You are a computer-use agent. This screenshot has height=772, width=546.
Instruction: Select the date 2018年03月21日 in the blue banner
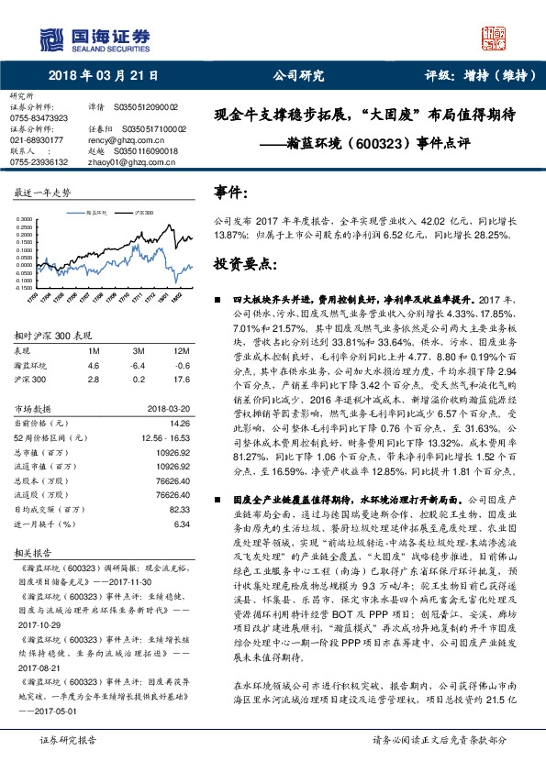(103, 75)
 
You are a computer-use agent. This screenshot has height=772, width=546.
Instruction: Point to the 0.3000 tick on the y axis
(25, 219)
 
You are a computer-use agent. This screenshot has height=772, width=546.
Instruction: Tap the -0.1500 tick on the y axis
(24, 286)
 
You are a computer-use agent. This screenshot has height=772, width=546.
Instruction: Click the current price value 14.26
(180, 423)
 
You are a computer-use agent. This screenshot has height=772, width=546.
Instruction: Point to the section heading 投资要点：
(243, 263)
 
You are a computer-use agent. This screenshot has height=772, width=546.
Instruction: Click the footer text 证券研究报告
(67, 763)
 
